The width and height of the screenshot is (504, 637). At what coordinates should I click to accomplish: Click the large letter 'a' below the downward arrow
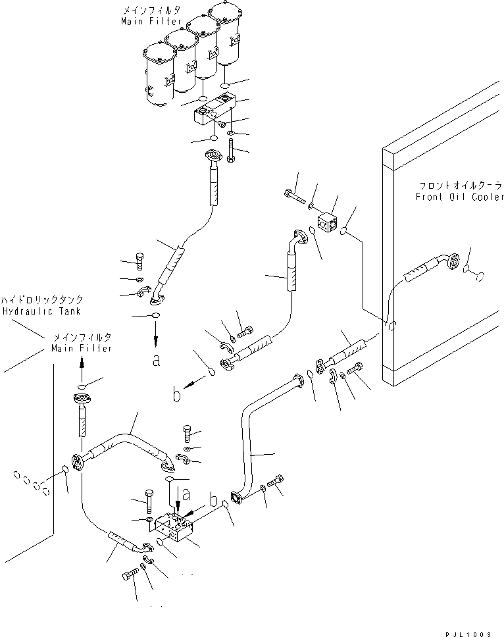click(x=156, y=360)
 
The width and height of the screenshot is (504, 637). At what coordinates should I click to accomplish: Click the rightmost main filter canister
click(x=230, y=33)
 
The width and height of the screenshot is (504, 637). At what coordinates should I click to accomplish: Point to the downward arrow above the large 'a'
click(x=156, y=337)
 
